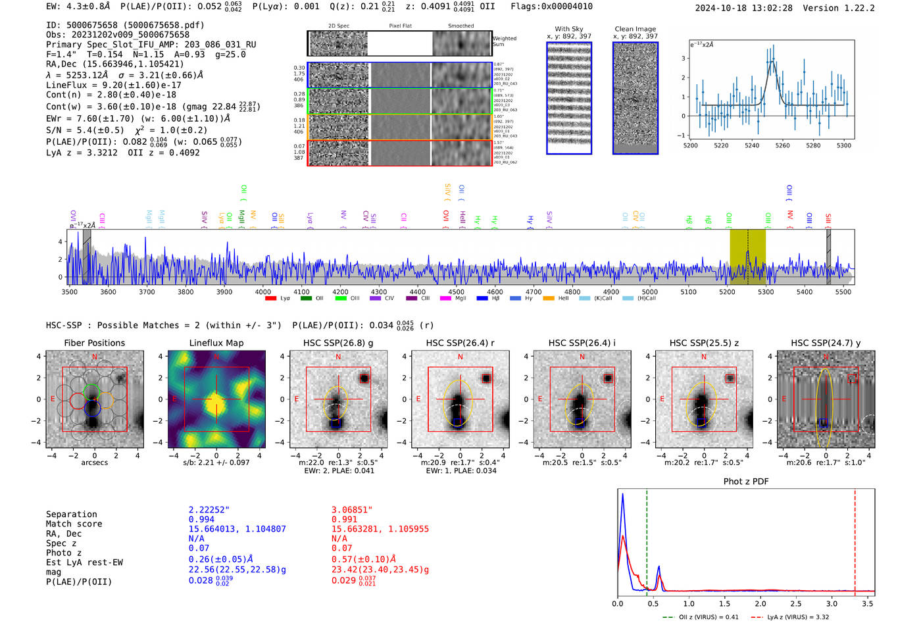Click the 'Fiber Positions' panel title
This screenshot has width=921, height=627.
click(x=94, y=343)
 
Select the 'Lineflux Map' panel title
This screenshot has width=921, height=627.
click(x=216, y=343)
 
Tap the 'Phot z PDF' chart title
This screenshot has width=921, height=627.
click(x=746, y=482)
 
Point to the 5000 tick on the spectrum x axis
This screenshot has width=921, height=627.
click(x=650, y=291)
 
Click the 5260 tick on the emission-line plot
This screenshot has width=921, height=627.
click(x=782, y=145)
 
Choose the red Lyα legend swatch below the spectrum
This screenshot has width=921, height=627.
click(x=270, y=299)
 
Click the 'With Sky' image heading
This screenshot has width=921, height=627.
click(x=569, y=29)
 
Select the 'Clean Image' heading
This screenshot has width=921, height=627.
click(x=635, y=29)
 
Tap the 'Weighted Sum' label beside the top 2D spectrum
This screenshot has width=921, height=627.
click(x=505, y=41)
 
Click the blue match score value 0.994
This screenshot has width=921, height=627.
click(x=201, y=519)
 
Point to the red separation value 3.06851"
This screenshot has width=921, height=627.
click(x=352, y=510)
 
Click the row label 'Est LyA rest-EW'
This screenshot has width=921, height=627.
click(x=84, y=563)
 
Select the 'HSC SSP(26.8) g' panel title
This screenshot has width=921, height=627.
click(x=338, y=343)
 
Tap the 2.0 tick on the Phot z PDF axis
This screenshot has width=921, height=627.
click(x=760, y=603)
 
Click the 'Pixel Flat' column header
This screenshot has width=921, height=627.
click(x=400, y=26)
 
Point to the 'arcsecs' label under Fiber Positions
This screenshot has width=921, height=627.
click(x=94, y=463)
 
